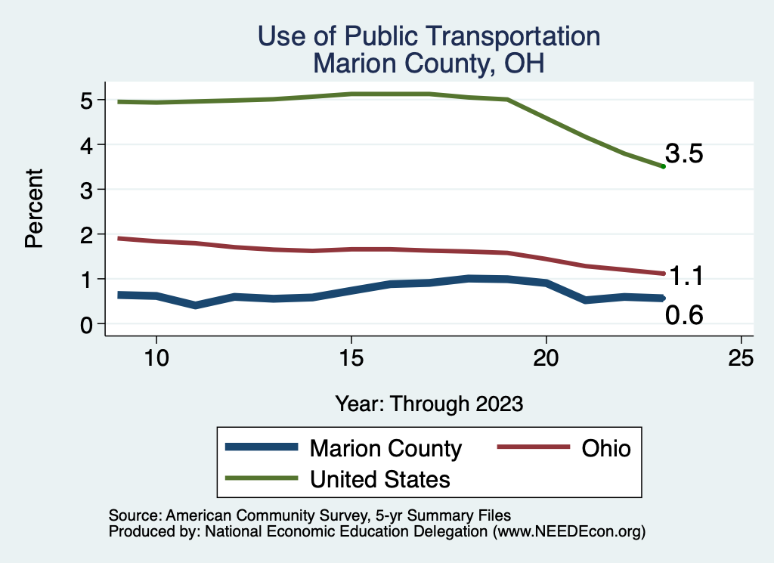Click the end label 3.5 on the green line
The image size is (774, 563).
click(684, 154)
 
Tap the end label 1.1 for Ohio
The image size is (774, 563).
click(687, 277)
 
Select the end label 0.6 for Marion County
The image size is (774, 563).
click(684, 316)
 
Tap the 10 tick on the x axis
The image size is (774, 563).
click(156, 357)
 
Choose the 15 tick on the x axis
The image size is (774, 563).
click(351, 357)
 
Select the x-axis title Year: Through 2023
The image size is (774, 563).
click(429, 404)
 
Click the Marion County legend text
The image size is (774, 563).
click(385, 448)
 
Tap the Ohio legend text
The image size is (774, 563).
click(605, 448)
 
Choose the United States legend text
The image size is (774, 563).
click(379, 478)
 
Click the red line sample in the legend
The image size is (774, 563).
click(532, 447)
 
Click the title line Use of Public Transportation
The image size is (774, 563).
click(429, 37)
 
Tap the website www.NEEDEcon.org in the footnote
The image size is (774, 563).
click(568, 531)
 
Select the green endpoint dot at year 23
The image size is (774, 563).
click(663, 166)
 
